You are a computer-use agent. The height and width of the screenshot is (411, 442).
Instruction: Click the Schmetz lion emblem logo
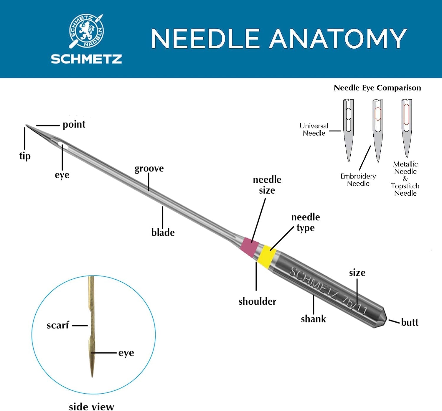pyautogui.click(x=86, y=31)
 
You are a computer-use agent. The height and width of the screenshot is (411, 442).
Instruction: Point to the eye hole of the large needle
pyautogui.click(x=63, y=145)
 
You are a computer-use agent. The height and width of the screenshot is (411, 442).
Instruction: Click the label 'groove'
pyautogui.click(x=149, y=169)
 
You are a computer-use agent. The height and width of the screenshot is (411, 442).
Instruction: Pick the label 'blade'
pyautogui.click(x=163, y=232)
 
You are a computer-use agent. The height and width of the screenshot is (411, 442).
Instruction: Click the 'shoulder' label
pyautogui.click(x=257, y=301)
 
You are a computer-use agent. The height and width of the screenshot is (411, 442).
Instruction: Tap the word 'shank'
pyautogui.click(x=314, y=319)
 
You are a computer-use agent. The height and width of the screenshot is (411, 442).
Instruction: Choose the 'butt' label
pyautogui.click(x=410, y=322)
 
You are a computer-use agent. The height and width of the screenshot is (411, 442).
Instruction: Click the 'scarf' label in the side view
pyautogui.click(x=58, y=325)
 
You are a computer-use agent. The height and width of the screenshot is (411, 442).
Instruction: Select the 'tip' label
pyautogui.click(x=25, y=156)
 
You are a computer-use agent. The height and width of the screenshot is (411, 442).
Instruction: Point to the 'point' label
pyautogui.click(x=74, y=124)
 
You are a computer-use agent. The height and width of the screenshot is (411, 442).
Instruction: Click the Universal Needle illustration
pyautogui.click(x=348, y=130)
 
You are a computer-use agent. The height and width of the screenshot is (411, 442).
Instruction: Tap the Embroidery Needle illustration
pyautogui.click(x=378, y=130)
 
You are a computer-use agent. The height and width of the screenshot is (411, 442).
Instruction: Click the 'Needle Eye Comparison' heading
pyautogui.click(x=377, y=88)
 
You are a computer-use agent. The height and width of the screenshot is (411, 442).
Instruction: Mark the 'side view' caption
pyautogui.click(x=91, y=407)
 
